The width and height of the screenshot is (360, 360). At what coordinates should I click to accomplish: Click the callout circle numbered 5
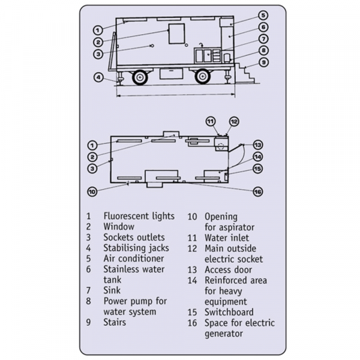pos(263,15)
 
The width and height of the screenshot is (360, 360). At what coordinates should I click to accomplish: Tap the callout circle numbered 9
pos(263,62)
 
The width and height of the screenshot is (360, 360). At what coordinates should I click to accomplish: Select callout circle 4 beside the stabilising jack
pos(97,77)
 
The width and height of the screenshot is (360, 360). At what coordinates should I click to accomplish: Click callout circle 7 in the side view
pos(263,39)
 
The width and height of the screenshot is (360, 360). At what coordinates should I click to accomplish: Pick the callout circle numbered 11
pos(211,122)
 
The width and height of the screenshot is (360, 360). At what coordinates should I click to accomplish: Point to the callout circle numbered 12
pos(234,122)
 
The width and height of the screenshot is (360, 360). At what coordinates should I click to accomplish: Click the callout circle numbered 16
pos(257,192)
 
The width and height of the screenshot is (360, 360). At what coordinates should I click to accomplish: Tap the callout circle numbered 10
pos(92,192)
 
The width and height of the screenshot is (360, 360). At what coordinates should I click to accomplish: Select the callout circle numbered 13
pos(257,145)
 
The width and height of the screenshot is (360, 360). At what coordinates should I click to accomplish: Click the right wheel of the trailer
pos(203,77)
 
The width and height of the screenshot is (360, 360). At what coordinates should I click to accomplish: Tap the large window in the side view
pos(177,34)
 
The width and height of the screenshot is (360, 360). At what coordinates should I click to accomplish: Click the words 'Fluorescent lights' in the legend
pos(139,216)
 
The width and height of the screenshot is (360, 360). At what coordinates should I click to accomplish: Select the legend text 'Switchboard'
pos(229,312)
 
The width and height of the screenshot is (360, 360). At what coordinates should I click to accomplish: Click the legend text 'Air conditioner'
pos(133,259)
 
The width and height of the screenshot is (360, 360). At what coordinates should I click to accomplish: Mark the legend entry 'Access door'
pos(231,269)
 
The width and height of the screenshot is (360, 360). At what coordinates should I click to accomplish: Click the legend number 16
pos(192,323)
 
